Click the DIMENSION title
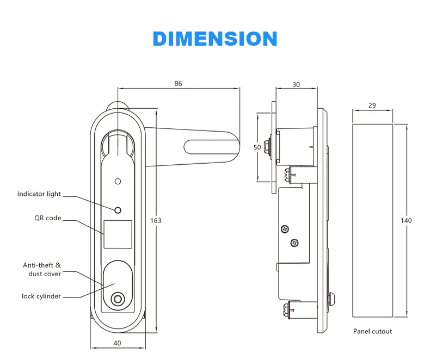(215, 39)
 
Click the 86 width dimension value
(179, 84)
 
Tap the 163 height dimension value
(156, 220)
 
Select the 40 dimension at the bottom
(118, 343)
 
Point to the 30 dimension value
(296, 84)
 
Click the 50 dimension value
(257, 147)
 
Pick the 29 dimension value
(372, 105)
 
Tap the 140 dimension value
(407, 220)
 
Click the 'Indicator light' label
(39, 194)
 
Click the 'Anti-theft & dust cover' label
(42, 269)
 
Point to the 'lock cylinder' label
(41, 296)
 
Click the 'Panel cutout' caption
(372, 331)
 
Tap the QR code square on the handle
(118, 234)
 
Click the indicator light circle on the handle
(118, 210)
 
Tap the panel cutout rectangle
(372, 220)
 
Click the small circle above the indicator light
(118, 181)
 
